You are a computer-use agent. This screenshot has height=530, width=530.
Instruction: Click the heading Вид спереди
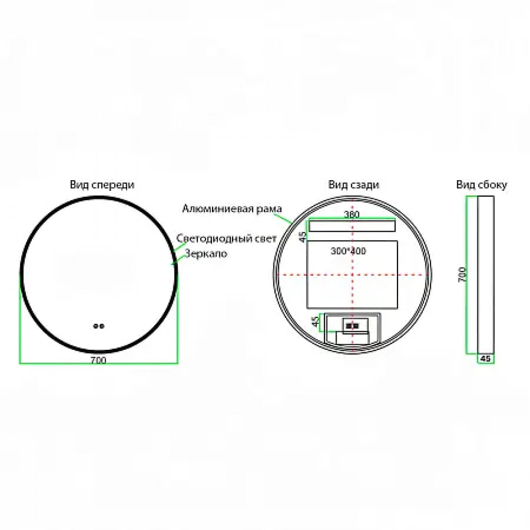pos(102,185)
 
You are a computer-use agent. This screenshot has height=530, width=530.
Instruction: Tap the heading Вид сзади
pos(354,185)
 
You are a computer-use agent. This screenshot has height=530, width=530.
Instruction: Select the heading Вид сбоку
pos(482,185)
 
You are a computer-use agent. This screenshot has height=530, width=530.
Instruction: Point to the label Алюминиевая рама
pos(232,208)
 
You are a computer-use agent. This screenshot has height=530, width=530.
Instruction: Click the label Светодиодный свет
pos(226,238)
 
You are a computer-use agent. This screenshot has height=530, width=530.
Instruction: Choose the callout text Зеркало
pos(206,253)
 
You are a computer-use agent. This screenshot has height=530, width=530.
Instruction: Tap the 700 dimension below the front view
pos(99,360)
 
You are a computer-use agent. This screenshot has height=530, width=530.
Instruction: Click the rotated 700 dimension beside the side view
pos(462,275)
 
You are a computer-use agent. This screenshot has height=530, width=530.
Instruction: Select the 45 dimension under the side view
pos(485,358)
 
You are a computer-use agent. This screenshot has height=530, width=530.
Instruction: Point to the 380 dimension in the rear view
pos(351,214)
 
